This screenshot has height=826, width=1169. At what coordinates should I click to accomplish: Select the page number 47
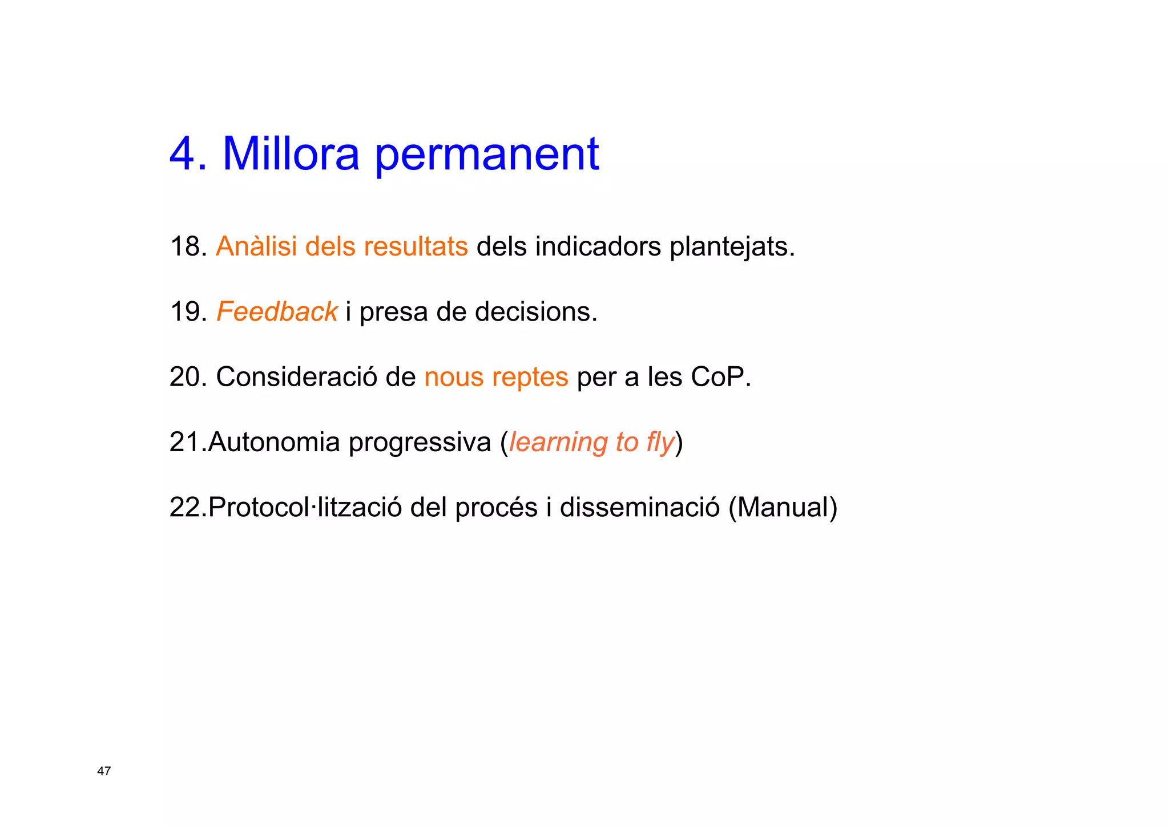click(x=104, y=771)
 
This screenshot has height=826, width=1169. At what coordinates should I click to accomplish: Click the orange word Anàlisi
click(x=256, y=246)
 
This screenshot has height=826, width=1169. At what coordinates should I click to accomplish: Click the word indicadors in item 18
click(x=598, y=246)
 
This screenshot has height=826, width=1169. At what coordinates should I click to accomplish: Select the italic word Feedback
click(x=277, y=311)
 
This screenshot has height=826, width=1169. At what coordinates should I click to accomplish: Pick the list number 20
click(x=187, y=376)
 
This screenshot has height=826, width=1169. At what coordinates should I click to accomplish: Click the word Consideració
click(x=296, y=376)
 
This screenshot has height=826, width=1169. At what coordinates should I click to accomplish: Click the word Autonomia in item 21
click(x=274, y=442)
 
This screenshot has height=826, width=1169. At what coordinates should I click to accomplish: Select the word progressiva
click(x=420, y=443)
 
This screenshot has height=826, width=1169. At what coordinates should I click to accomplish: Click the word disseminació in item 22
click(x=640, y=507)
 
